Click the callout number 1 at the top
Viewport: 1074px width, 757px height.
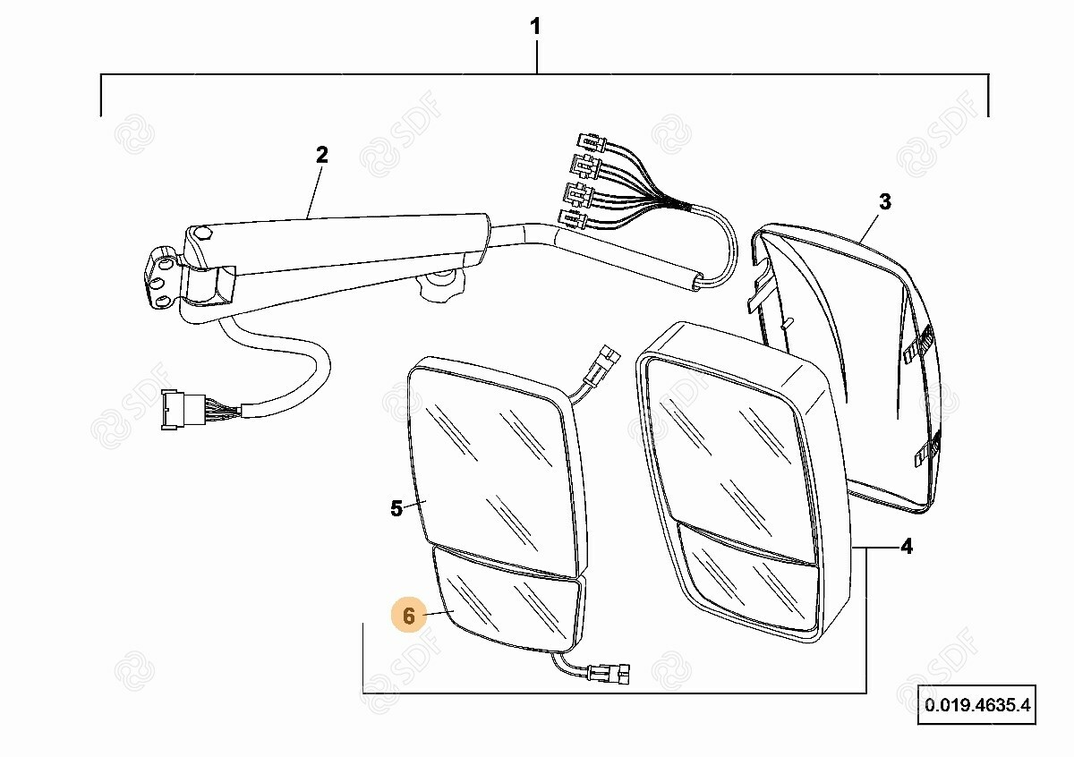tap(535, 28)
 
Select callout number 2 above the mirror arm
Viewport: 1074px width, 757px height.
tap(322, 155)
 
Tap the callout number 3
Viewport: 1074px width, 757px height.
tap(884, 202)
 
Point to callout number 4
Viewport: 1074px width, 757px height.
tap(906, 546)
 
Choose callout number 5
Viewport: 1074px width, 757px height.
tap(396, 508)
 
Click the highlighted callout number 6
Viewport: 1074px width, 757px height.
tap(409, 616)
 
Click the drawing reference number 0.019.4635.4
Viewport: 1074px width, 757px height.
tap(977, 706)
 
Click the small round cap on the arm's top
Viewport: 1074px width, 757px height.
tap(202, 234)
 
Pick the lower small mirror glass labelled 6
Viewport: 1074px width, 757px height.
tap(506, 608)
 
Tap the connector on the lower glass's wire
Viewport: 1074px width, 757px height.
tap(612, 671)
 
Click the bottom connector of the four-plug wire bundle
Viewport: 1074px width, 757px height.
tap(570, 217)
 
